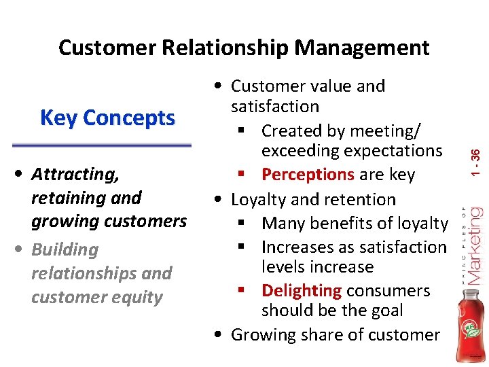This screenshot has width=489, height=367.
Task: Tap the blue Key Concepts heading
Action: tap(107, 118)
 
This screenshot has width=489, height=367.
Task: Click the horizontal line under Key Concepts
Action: tap(102, 145)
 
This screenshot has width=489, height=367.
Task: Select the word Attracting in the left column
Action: tap(75, 175)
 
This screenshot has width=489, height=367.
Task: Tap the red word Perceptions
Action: tap(308, 175)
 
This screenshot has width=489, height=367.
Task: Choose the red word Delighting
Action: tap(301, 291)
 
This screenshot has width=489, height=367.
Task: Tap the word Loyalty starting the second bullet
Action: tap(259, 200)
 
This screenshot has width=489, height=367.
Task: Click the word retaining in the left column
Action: tap(61, 198)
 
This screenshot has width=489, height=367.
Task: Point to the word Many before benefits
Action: tap(283, 223)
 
